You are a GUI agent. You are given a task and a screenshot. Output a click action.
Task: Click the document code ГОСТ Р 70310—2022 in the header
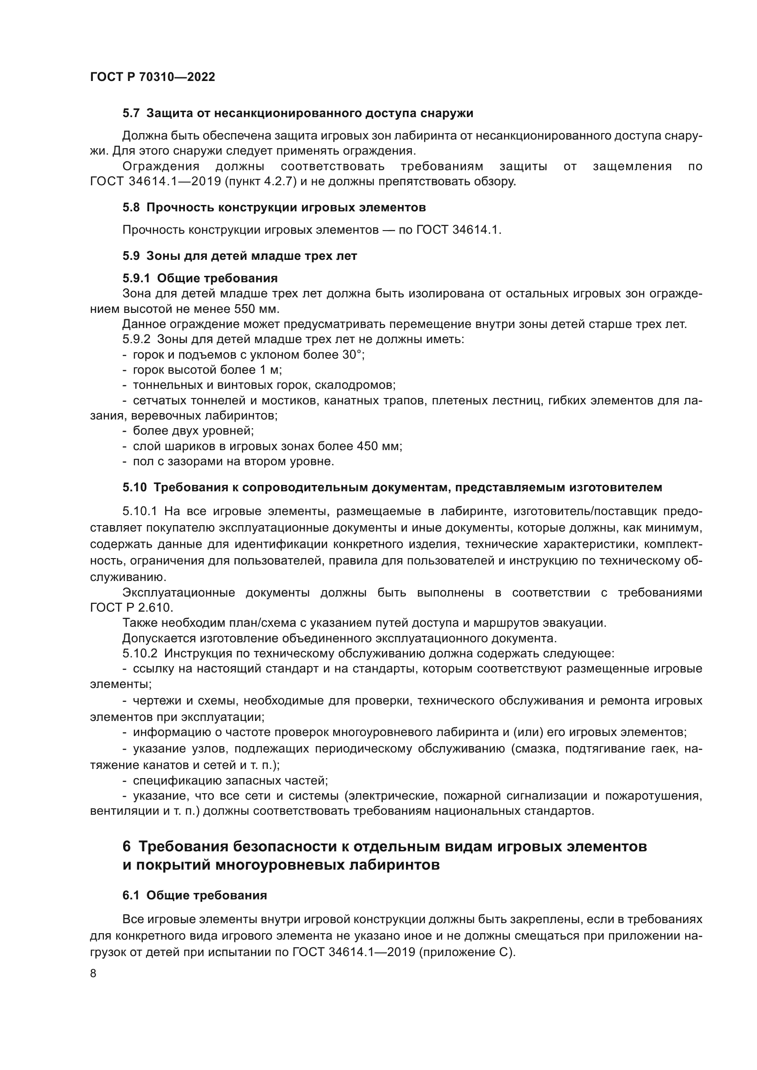coord(152,77)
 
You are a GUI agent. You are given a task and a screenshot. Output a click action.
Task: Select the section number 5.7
coord(131,113)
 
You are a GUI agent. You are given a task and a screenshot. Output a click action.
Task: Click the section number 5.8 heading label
coord(131,207)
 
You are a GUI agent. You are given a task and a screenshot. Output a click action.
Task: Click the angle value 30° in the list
coord(352,355)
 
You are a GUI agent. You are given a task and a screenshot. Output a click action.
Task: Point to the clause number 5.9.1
coord(136,278)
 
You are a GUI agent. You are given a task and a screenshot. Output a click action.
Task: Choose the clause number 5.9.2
coord(136,339)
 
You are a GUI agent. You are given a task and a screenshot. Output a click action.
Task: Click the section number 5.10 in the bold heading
coord(134,488)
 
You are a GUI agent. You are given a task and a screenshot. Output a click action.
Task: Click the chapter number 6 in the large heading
coord(127,846)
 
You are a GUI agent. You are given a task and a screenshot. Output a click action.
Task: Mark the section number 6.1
coord(131,895)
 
